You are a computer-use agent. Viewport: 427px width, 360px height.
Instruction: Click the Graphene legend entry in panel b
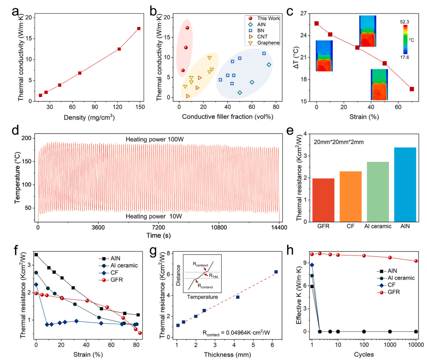pos(267,43)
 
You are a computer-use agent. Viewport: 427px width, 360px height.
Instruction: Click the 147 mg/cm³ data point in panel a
pos(139,29)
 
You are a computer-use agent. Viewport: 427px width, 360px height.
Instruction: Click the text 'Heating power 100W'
pos(157,139)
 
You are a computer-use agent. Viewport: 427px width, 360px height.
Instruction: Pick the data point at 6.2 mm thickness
pos(276,272)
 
